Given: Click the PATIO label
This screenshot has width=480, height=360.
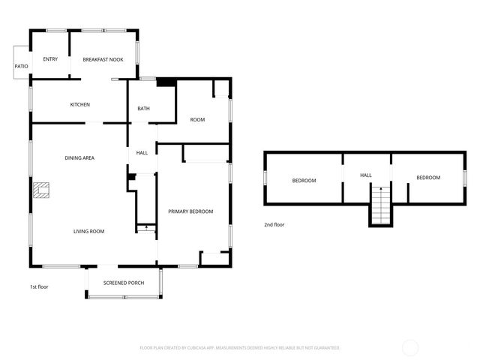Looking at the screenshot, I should [x=21, y=67].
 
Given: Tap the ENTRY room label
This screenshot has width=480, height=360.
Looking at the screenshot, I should [x=50, y=59].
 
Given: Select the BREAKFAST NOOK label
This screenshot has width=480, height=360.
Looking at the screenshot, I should [x=103, y=59].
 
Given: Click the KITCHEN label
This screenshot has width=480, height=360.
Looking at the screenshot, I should [x=80, y=104].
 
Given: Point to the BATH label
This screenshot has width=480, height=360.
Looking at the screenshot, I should [x=143, y=109].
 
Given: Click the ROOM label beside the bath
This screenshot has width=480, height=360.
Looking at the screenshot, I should [x=197, y=119].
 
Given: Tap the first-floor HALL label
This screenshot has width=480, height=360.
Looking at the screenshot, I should [x=142, y=153].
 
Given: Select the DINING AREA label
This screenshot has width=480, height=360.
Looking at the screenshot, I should [x=79, y=157].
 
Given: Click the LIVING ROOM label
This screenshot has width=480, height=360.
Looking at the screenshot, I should [x=88, y=232].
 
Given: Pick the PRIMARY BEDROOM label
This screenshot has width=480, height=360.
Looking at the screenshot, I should [x=190, y=211].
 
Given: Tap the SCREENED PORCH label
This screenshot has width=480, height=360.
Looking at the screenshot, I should [x=124, y=283].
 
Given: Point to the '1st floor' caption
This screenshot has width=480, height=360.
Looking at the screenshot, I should [x=40, y=286].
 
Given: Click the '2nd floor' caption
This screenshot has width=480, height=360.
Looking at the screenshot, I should [x=274, y=224].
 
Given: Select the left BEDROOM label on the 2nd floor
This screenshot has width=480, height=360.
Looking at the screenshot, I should [x=304, y=180].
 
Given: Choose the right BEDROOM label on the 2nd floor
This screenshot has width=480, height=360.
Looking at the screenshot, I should [x=428, y=177].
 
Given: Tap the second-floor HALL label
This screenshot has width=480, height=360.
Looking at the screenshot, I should [x=366, y=175].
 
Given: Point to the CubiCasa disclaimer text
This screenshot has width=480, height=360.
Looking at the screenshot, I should [x=240, y=348].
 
